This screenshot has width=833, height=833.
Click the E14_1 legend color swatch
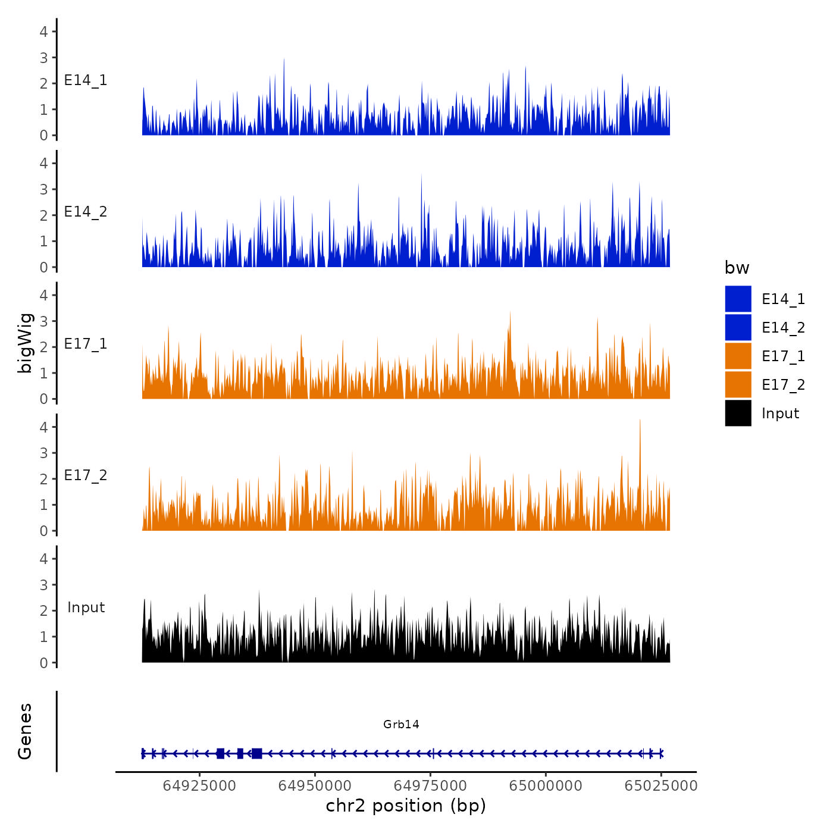tap(738, 299)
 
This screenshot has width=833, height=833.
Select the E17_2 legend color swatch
tap(738, 384)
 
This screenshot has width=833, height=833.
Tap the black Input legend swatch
tap(738, 413)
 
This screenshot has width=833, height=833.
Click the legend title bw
tap(737, 268)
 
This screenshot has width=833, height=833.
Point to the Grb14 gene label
tap(401, 724)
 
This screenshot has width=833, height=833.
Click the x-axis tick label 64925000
tap(199, 785)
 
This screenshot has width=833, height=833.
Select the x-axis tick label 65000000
tap(545, 785)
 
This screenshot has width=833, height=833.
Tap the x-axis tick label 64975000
tap(430, 785)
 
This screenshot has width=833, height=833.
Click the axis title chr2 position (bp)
tap(406, 806)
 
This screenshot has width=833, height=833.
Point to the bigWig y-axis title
tap(25, 343)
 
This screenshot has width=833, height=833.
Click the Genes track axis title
tap(25, 731)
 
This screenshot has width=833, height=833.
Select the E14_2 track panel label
tap(86, 212)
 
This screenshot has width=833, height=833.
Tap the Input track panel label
tap(86, 607)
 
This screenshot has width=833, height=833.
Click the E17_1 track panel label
tap(86, 344)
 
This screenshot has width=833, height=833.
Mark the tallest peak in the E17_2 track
tap(640, 421)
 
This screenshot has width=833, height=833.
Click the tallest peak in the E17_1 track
tap(510, 313)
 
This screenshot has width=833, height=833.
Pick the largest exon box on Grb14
tap(256, 753)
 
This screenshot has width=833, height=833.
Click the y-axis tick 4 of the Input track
tap(43, 559)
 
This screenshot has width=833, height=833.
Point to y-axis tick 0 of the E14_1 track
tap(43, 136)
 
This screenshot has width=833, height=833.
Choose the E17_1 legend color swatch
tap(738, 356)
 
